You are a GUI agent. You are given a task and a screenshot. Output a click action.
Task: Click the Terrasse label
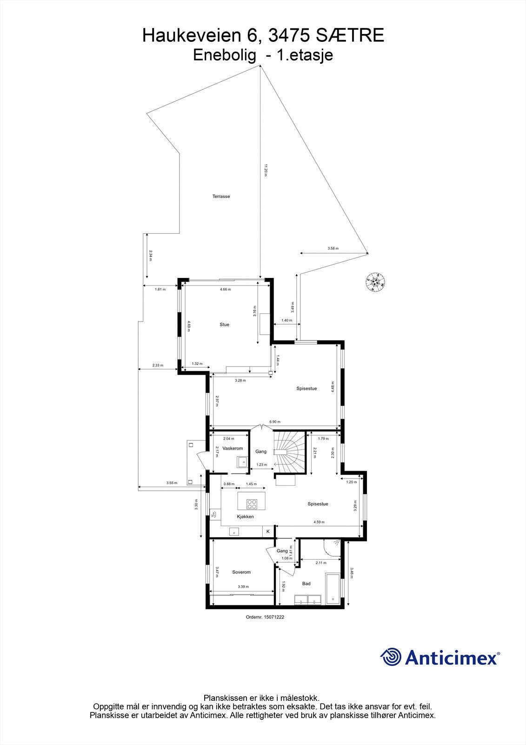click(221, 196)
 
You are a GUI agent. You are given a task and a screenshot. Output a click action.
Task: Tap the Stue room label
click(225, 325)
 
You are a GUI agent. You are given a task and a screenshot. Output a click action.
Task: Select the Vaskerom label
click(233, 448)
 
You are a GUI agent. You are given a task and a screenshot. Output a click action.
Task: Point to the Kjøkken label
click(245, 517)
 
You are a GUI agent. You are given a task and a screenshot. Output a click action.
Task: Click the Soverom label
click(241, 572)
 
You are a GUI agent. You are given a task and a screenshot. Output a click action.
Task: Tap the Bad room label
click(306, 583)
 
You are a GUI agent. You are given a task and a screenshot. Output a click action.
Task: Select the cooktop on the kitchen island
click(252, 503)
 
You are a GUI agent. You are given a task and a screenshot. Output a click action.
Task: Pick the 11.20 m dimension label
click(266, 169)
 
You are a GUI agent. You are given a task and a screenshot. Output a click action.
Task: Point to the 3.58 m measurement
click(333, 249)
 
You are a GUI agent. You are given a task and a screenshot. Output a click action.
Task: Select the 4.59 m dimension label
click(319, 522)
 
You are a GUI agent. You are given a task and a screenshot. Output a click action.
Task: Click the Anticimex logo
click(440, 657)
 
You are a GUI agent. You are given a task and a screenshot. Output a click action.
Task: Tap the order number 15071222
click(265, 617)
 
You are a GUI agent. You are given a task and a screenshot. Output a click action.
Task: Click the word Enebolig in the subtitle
click(225, 55)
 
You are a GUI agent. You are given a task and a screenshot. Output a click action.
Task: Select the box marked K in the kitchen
click(268, 531)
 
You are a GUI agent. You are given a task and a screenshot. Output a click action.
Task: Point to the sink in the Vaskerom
click(242, 462)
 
